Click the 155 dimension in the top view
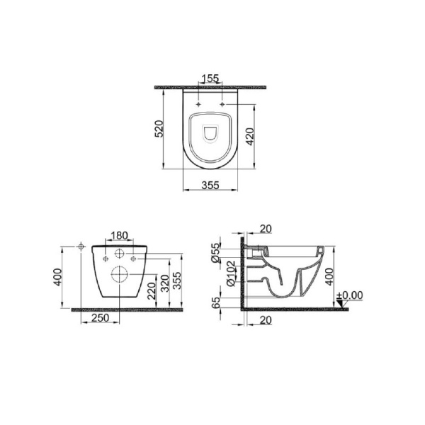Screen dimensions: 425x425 click(x=210, y=79)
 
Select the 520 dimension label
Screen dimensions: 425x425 click(x=159, y=128)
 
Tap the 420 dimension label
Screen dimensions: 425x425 click(x=250, y=136)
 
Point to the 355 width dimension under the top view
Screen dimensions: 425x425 click(x=210, y=185)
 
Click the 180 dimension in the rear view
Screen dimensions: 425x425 click(x=120, y=236)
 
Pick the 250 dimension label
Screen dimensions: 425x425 click(x=101, y=317)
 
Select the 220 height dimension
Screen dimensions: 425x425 click(x=152, y=291)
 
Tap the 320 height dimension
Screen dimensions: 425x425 click(x=165, y=283)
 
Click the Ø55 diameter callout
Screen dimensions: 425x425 click(x=216, y=253)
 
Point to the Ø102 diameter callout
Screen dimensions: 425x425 click(x=231, y=273)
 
